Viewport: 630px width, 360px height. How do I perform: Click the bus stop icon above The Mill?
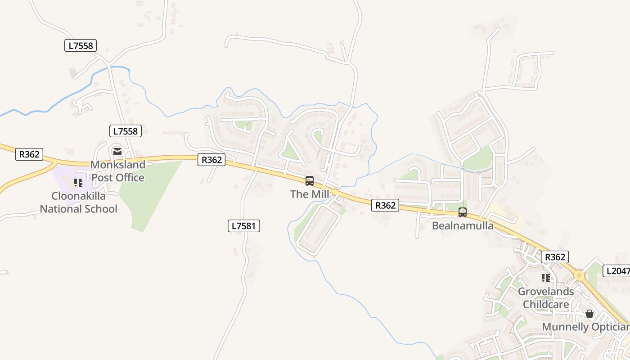310,181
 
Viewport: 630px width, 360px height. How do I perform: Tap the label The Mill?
310,194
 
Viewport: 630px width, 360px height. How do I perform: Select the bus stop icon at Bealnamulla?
463,212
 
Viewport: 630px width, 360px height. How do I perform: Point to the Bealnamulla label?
463,225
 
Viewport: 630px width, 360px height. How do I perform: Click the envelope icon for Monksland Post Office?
117,152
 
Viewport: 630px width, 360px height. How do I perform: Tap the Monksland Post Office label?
118,171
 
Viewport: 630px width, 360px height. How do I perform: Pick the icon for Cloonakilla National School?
78,183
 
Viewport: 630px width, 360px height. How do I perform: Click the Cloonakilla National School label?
79,202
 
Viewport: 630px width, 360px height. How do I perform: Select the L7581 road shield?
244,226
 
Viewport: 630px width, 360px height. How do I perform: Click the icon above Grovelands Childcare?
546,278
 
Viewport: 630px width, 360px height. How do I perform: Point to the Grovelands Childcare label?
546,298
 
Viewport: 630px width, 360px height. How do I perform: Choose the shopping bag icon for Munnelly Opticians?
589,314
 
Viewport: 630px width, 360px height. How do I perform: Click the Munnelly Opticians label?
585,327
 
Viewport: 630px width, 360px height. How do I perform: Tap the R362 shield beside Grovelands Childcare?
554,257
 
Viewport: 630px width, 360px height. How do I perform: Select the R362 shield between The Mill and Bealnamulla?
386,206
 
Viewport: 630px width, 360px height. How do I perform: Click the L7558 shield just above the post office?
126,131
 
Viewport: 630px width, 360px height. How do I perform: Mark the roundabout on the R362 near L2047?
579,275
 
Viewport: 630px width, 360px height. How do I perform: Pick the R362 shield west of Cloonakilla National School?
29,154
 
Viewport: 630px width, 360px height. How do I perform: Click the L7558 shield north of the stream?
81,45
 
